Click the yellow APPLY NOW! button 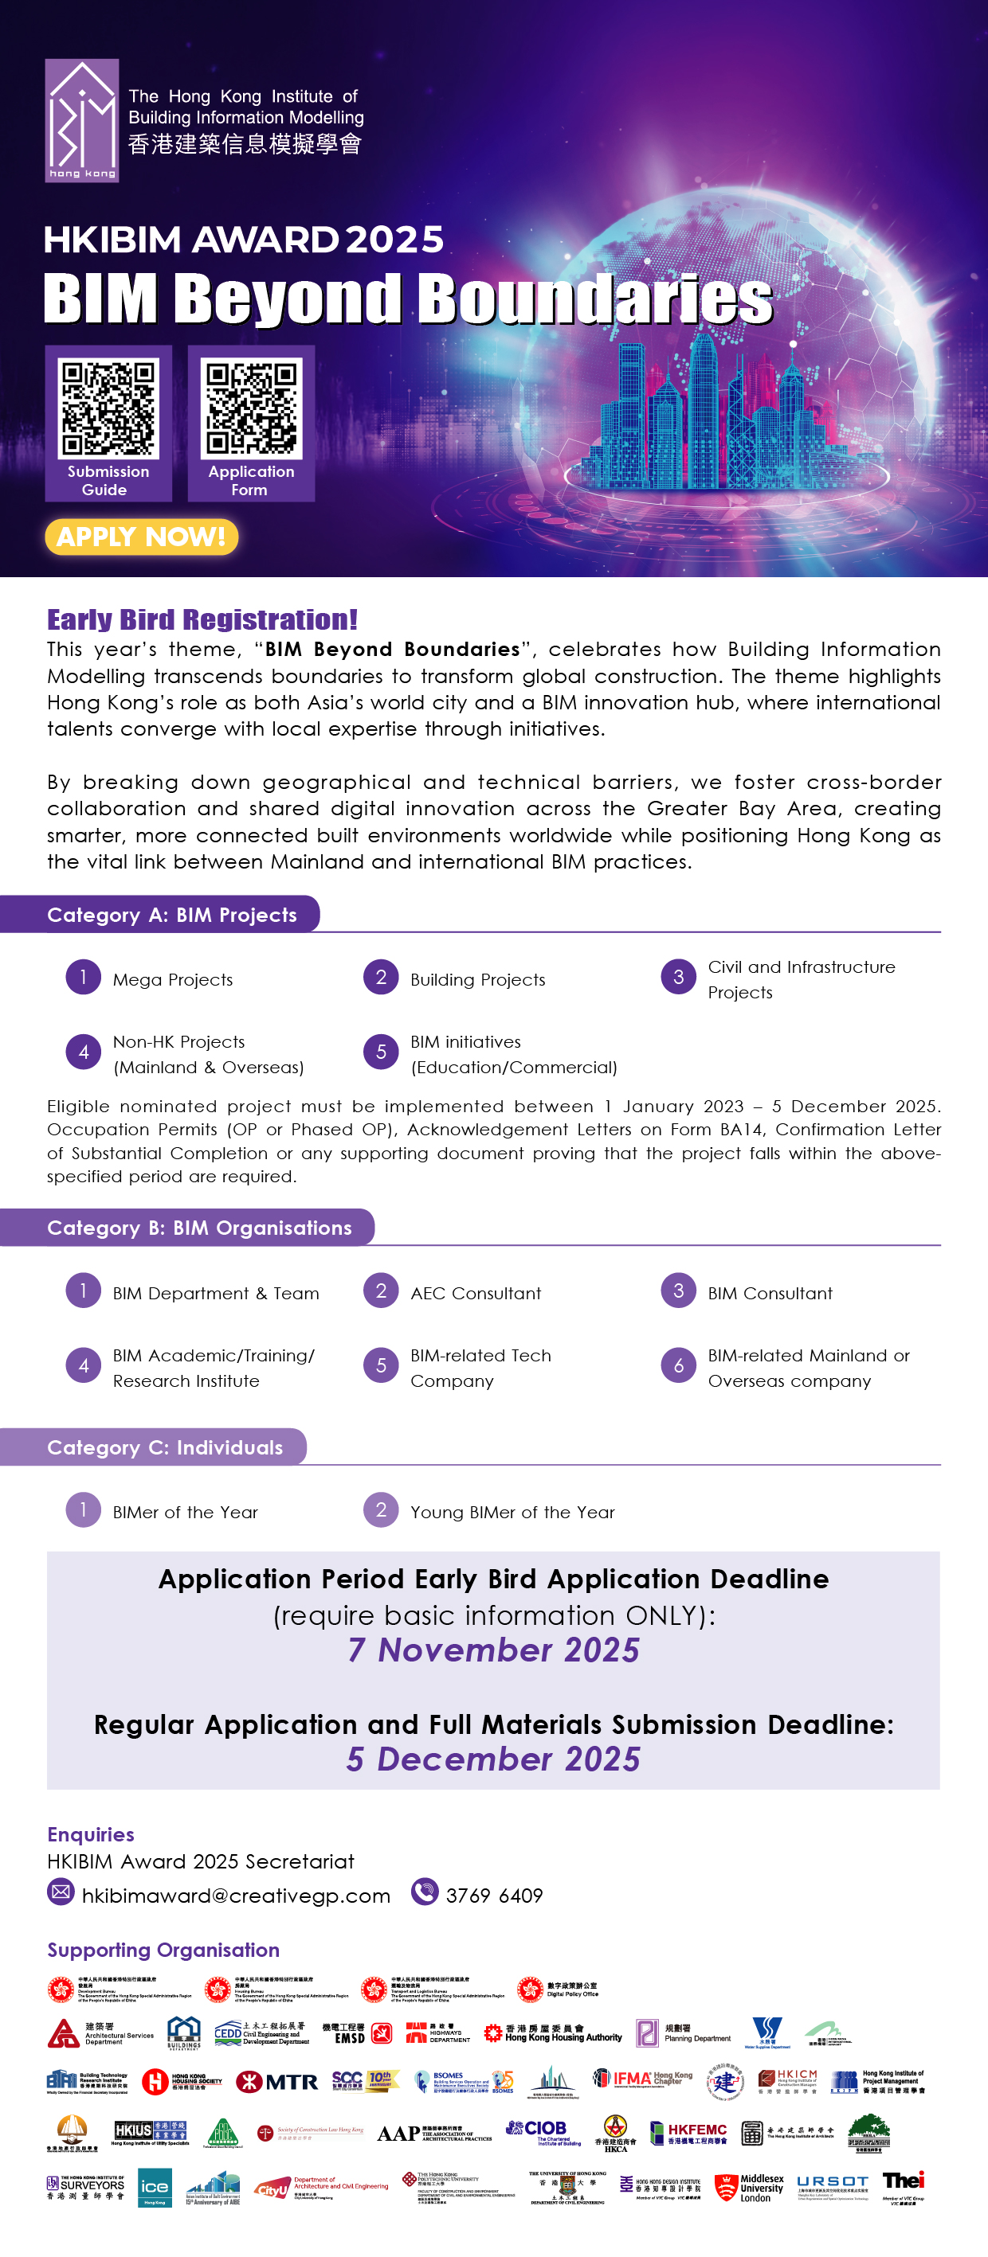141,537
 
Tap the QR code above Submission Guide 108,408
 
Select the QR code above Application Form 252,408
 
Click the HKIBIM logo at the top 81,121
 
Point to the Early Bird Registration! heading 202,619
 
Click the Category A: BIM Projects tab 172,915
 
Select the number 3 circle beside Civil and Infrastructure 679,977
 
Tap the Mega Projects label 173,979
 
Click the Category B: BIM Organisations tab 199,1228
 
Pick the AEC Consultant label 475,1293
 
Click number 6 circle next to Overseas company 679,1365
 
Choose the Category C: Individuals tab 165,1447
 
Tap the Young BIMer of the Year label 512,1513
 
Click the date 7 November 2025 493,1650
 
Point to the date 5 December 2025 493,1759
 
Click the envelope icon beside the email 61,1892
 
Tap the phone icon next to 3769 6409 425,1892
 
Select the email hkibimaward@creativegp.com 236,1896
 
